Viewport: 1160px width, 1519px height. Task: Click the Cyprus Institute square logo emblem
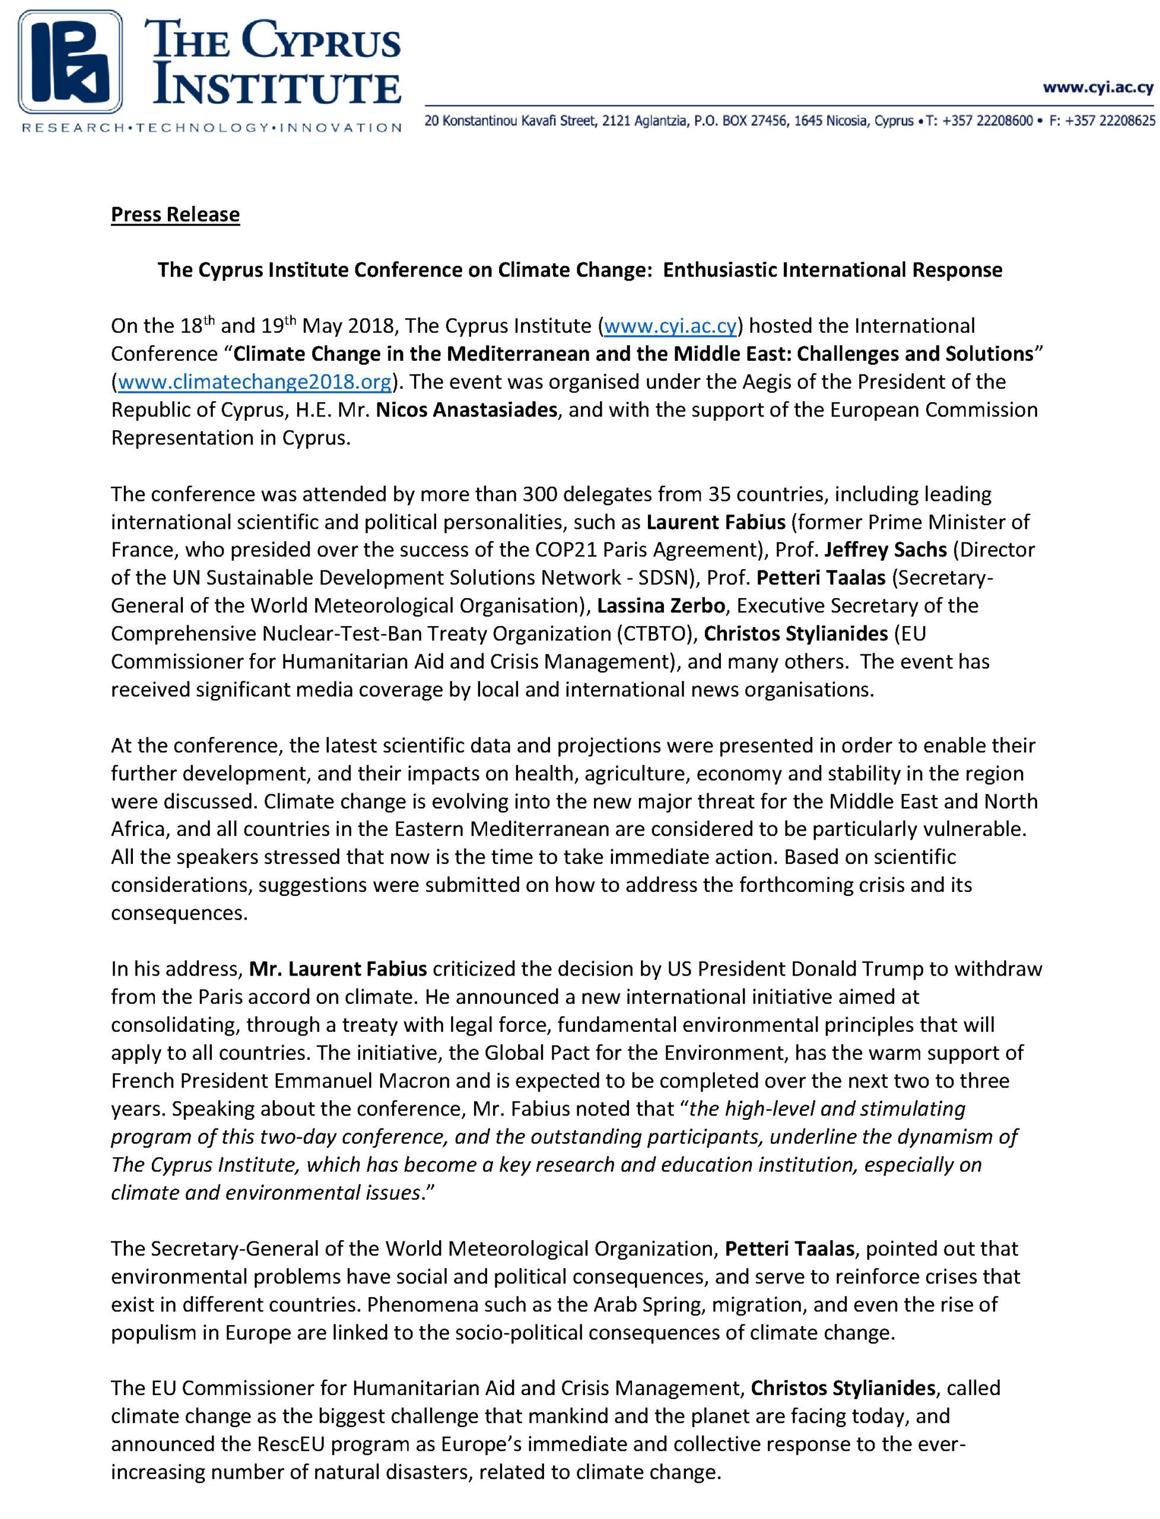71,62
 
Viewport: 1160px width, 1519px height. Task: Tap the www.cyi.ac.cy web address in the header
1098,88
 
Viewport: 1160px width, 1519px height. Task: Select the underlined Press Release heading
176,215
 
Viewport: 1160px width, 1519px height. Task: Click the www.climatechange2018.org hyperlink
255,382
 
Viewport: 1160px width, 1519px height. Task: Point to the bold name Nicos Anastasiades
466,410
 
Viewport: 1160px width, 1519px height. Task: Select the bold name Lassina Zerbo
661,606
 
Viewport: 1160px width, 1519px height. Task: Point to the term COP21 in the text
565,549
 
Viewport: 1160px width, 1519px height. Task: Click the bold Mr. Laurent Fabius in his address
338,970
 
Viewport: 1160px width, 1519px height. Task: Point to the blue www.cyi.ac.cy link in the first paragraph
670,326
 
